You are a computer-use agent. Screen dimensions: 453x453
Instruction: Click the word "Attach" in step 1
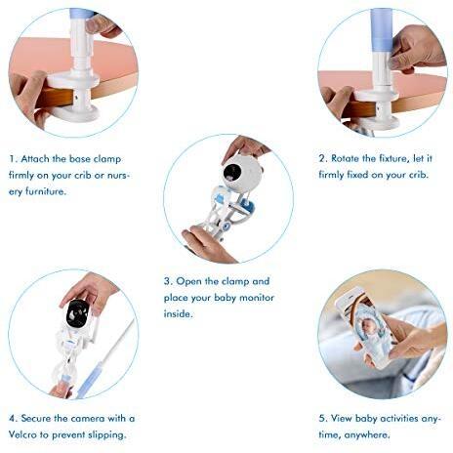click(35, 159)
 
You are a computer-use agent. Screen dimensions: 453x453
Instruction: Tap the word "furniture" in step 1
click(44, 191)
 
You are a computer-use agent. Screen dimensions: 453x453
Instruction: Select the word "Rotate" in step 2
click(345, 158)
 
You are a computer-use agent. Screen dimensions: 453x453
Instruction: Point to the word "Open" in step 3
click(188, 281)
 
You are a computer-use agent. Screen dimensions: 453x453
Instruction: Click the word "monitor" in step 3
click(257, 298)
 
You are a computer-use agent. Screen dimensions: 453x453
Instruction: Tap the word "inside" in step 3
click(177, 313)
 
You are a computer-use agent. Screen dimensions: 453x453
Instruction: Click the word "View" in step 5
click(342, 419)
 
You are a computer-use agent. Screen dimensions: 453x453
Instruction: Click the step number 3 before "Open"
click(167, 281)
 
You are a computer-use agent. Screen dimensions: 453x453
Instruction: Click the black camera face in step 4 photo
click(77, 313)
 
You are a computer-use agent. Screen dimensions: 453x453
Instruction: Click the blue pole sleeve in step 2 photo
click(383, 31)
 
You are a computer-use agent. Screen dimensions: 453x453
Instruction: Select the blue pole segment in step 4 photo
click(91, 380)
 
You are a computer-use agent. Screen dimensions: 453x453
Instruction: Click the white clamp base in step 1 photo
click(74, 98)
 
